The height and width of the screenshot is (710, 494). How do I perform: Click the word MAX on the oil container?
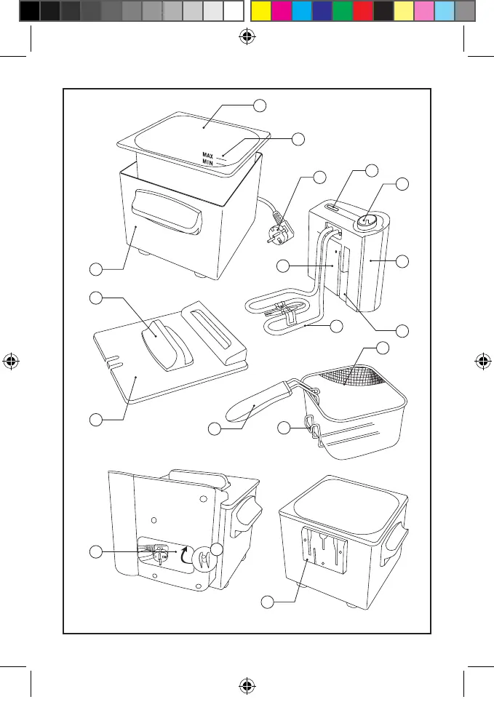coord(207,155)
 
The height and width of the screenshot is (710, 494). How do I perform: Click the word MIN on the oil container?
coord(207,163)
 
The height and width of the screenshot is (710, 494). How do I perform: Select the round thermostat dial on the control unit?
coord(367,220)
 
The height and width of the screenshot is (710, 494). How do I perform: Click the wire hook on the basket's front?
coord(312,429)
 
